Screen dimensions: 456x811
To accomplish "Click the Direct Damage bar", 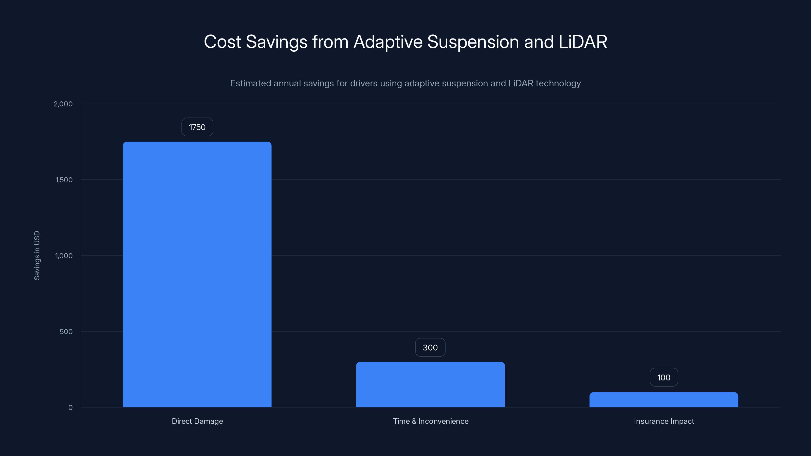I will [x=197, y=274].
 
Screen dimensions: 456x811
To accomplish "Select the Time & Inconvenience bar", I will [x=430, y=384].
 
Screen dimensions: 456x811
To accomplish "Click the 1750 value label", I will [x=197, y=127].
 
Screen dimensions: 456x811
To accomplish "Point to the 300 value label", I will [x=430, y=347].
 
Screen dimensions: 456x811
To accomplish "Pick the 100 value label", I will [x=664, y=377].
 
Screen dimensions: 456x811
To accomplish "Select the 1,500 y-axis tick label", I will [x=64, y=180].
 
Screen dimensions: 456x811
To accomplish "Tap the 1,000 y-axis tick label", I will [x=64, y=256].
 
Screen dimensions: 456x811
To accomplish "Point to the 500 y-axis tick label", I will [x=66, y=331].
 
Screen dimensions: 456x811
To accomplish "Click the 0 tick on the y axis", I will [x=70, y=408].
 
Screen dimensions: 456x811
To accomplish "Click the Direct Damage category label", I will [x=197, y=421].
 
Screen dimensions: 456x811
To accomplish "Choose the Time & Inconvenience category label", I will [x=430, y=421].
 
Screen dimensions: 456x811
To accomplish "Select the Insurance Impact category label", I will [x=664, y=421].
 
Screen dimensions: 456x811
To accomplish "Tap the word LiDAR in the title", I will [x=582, y=42].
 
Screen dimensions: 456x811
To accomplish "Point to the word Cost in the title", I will [x=222, y=42].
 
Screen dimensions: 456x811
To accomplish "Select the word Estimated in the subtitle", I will [x=250, y=83].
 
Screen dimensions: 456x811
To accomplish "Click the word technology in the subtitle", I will [x=558, y=83].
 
